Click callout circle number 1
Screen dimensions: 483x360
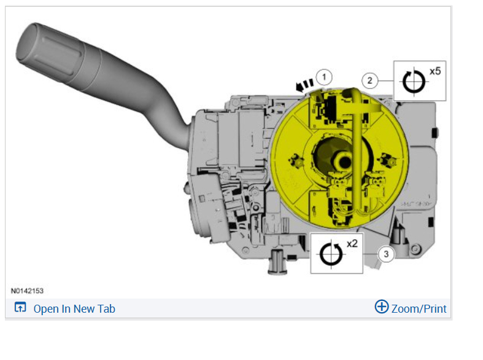pos(324,77)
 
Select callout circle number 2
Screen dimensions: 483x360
pos(369,80)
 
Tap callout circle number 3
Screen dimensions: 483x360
pos(386,254)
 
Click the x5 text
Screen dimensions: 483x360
pos(435,71)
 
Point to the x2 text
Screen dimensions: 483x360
pos(352,244)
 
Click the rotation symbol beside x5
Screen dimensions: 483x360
pos(414,82)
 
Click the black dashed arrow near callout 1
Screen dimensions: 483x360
pos(304,85)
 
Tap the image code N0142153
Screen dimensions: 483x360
pos(27,291)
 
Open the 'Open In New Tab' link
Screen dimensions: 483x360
pos(74,309)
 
